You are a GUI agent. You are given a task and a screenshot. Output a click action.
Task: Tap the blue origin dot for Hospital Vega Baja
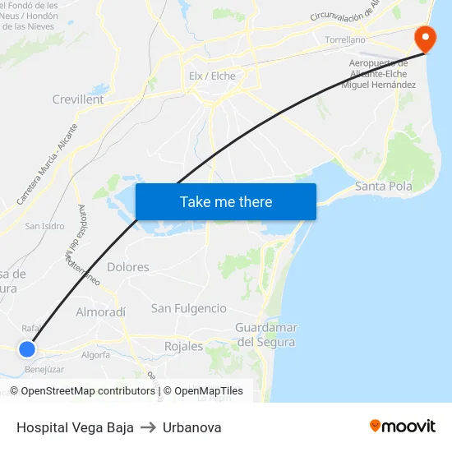click(27, 348)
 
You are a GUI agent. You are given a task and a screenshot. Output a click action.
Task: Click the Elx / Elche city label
click(212, 76)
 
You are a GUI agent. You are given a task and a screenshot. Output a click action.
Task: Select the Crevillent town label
click(78, 99)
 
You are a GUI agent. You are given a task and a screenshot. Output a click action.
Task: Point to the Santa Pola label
click(383, 187)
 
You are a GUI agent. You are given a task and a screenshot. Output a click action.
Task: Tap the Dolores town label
click(128, 267)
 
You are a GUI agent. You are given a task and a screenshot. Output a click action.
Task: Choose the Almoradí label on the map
click(101, 312)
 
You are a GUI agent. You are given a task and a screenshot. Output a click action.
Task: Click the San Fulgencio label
click(188, 308)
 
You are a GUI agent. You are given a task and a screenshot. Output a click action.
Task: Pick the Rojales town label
click(183, 346)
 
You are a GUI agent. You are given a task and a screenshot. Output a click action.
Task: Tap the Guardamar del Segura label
click(265, 334)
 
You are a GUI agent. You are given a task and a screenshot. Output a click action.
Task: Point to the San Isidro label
click(44, 226)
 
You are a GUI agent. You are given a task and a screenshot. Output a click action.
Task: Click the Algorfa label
click(95, 355)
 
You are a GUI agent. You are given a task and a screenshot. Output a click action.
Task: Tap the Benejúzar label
click(45, 370)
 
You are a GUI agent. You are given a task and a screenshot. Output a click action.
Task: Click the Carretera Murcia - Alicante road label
click(48, 164)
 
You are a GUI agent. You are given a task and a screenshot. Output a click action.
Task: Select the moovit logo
click(402, 426)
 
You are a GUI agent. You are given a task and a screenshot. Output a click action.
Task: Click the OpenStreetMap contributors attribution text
click(88, 391)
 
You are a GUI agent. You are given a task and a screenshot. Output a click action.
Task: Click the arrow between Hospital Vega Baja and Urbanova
click(148, 427)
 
